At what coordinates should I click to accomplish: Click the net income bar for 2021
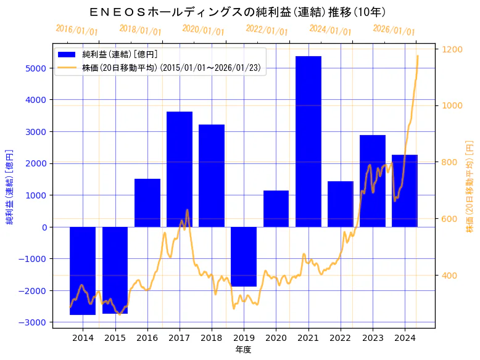(x=308, y=142)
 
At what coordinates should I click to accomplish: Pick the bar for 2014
(x=83, y=271)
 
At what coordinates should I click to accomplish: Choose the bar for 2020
(x=276, y=209)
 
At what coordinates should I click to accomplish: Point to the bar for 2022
(x=341, y=204)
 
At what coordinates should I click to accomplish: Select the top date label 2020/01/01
(x=204, y=30)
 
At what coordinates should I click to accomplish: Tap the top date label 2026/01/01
(x=394, y=30)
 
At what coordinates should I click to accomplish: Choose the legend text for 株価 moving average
(x=173, y=68)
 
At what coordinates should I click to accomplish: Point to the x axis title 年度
(x=244, y=350)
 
